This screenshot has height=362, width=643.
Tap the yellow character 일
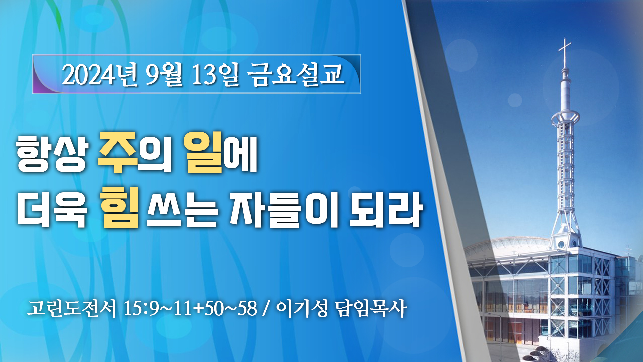click(203, 153)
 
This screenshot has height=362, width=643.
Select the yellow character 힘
click(121, 208)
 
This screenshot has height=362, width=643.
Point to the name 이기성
click(301, 308)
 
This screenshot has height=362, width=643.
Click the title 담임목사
click(371, 308)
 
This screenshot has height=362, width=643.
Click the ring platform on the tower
click(566, 117)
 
